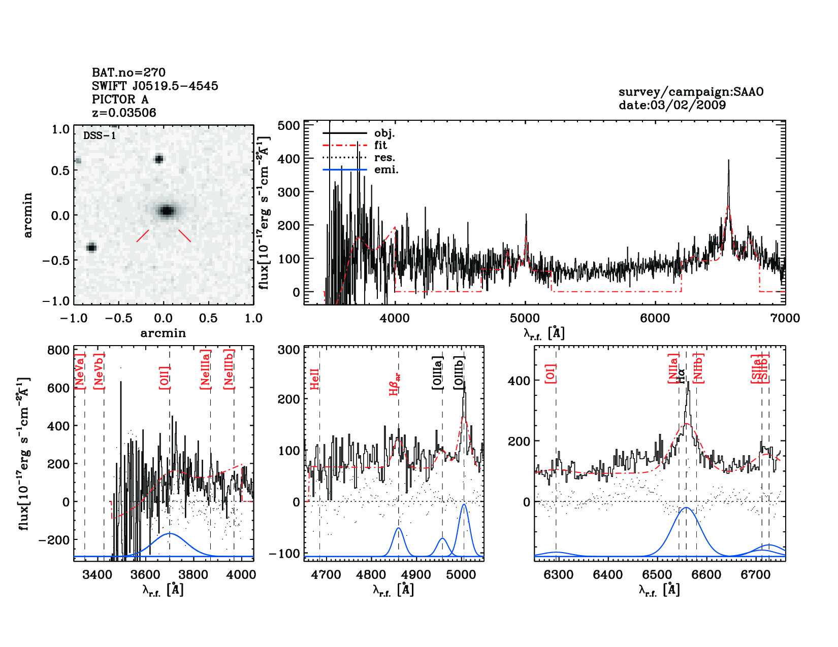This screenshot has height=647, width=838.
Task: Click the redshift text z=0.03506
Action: [x=124, y=113]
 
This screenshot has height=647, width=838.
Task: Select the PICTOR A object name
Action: [x=120, y=99]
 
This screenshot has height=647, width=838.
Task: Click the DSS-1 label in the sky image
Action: [x=100, y=135]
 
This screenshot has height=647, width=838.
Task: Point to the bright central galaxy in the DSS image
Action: [x=167, y=211]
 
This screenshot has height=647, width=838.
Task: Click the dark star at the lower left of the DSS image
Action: [x=91, y=248]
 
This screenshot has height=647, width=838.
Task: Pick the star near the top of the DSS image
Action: [x=159, y=159]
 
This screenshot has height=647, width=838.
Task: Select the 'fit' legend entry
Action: [x=380, y=146]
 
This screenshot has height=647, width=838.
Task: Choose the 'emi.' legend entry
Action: [x=386, y=170]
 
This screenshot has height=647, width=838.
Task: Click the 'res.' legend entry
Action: [x=384, y=158]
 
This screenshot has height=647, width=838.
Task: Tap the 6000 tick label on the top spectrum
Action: [x=655, y=319]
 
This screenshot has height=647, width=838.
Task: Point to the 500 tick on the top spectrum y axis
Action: [x=289, y=126]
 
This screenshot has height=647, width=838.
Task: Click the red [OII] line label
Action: [x=164, y=377]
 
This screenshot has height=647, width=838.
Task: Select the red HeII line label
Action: [x=315, y=379]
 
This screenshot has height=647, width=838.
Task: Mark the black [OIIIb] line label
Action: [x=460, y=373]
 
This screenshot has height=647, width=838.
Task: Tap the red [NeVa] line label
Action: [x=79, y=372]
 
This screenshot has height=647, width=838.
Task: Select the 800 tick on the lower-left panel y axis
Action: [x=58, y=350]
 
